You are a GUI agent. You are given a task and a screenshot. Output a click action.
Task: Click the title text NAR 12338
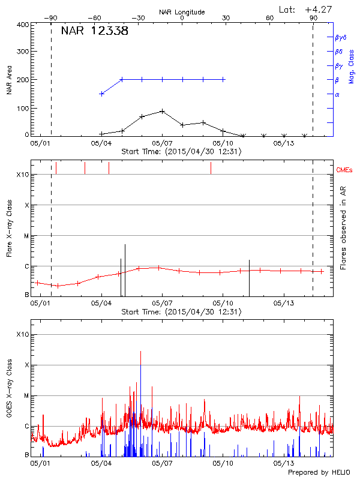coord(94,31)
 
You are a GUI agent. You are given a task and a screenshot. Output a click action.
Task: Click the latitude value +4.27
coord(318,9)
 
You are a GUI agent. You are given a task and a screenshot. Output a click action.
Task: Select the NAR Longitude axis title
coord(182,12)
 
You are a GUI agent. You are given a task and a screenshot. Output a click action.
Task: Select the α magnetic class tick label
coord(337,94)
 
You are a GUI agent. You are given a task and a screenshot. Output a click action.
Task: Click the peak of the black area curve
coord(163,111)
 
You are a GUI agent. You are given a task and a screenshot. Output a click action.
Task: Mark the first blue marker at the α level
coord(102,94)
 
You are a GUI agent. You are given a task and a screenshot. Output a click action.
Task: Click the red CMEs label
coord(345,170)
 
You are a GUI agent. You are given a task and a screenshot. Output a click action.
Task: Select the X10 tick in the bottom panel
coord(23,334)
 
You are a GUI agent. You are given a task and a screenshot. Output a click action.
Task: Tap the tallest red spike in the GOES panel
coord(140,352)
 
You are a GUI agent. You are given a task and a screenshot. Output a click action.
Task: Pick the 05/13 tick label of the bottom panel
coord(283,463)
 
